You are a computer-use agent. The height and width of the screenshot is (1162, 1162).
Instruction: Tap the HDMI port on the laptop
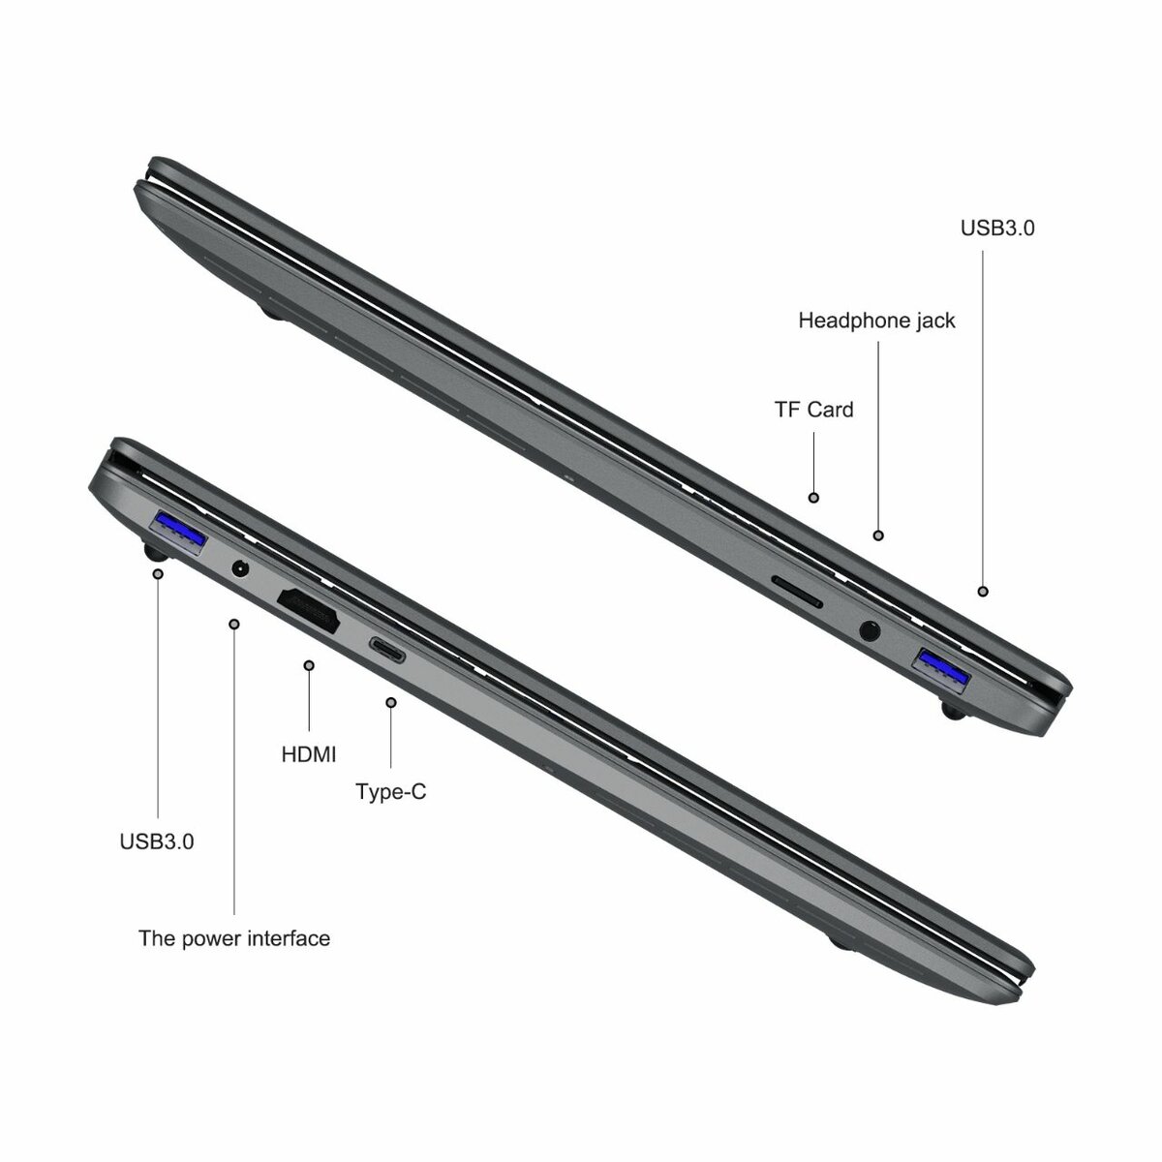point(309,611)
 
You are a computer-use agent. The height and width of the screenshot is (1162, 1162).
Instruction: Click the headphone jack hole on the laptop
point(871,631)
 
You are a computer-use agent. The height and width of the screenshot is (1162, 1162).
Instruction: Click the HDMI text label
point(309,752)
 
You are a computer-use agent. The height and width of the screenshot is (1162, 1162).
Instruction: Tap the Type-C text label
point(390,791)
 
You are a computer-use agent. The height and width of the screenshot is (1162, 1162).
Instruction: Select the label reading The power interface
point(234,937)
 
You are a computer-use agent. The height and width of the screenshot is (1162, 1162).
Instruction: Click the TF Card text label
point(813,409)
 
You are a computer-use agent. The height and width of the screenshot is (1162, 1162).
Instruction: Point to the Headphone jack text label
point(876,320)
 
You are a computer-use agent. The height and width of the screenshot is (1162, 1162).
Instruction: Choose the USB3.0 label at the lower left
point(157,841)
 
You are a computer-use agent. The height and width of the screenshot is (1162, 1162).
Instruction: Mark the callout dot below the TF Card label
point(813,497)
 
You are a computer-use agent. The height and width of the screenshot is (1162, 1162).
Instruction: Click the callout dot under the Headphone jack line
point(878,535)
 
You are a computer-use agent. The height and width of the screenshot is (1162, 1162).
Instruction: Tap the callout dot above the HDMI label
point(309,665)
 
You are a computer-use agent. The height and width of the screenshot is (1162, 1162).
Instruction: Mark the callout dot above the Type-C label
point(390,702)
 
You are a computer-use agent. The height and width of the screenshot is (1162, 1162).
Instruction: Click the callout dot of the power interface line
point(234,624)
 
